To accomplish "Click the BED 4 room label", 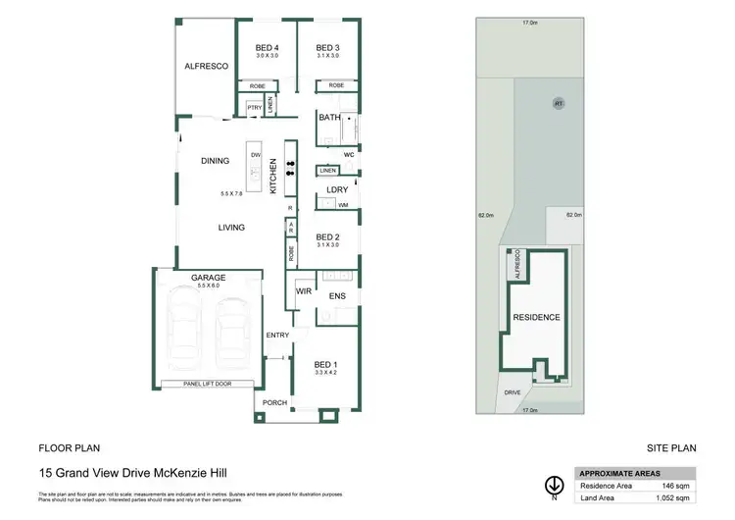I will pos(267,48).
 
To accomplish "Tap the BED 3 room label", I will pos(326,48).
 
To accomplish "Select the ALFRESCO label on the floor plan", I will pos(207,66).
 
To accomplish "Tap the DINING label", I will pos(215,161).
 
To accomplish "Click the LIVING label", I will pos(231,227).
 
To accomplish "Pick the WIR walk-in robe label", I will pos(304,290).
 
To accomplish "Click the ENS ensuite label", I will pos(337,295).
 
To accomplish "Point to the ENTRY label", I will pos(277,336).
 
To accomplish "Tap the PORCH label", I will pos(275,402).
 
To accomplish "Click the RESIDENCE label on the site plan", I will pos(536,317).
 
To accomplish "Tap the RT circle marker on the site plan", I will pos(559,102).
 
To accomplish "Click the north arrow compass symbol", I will pos(554,486).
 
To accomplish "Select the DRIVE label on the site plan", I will pos(513,391).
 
